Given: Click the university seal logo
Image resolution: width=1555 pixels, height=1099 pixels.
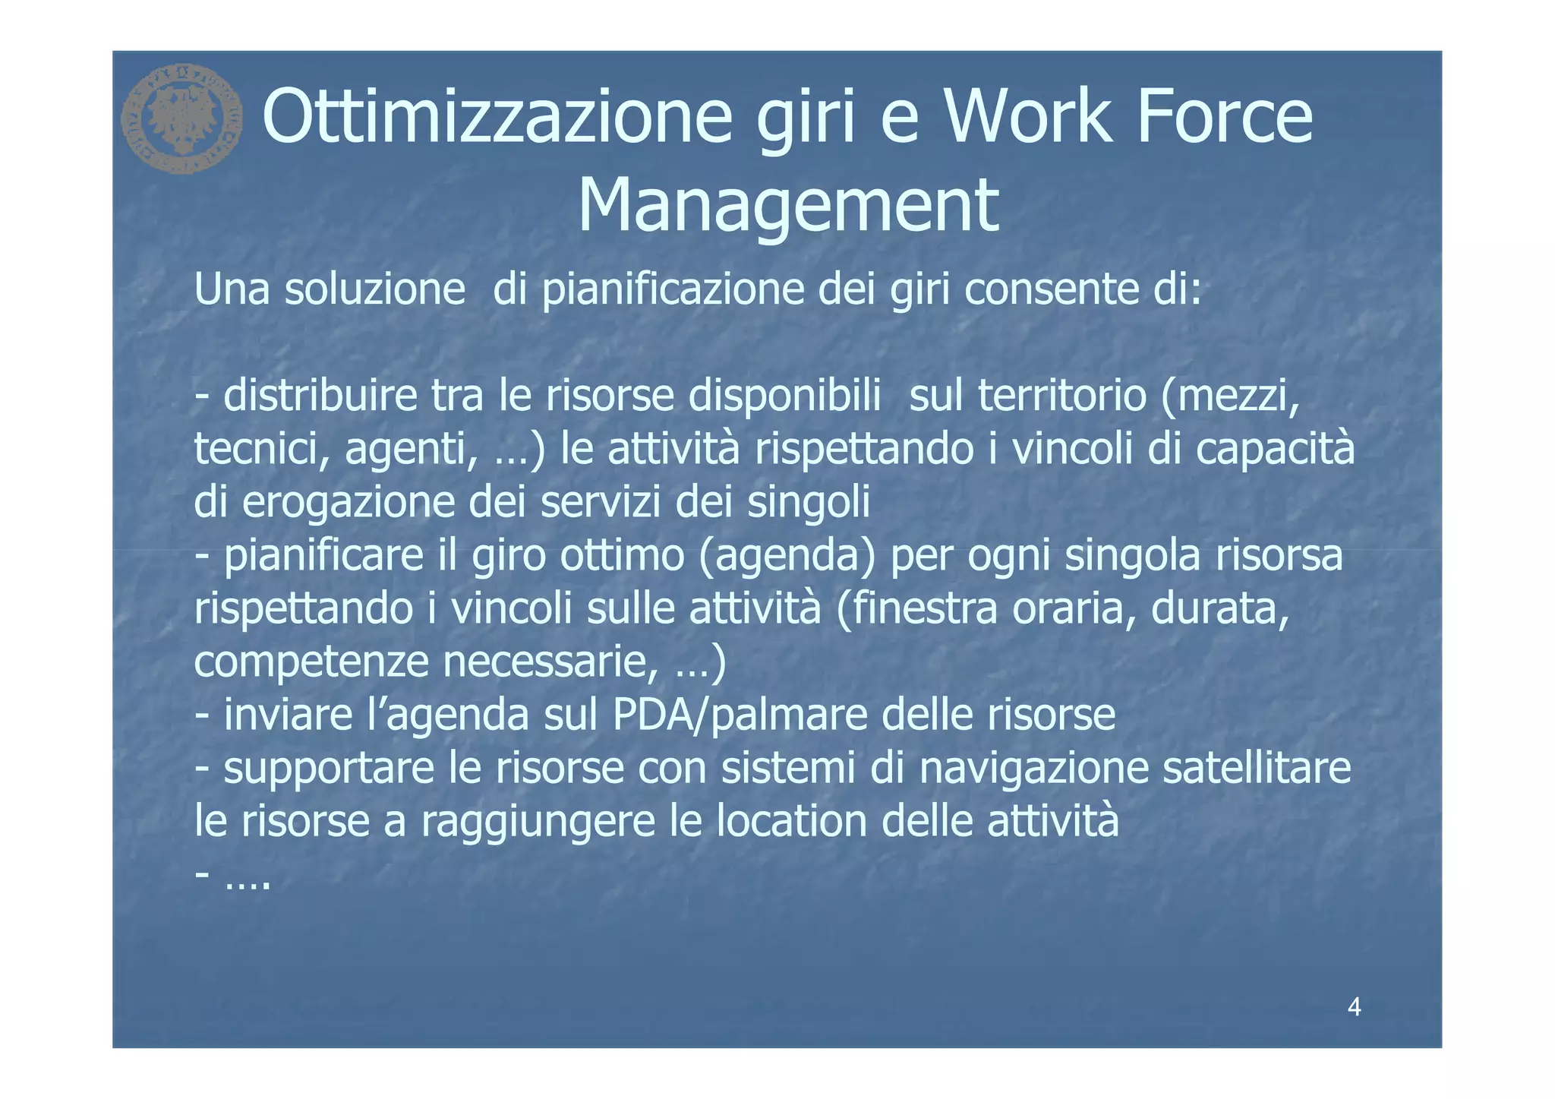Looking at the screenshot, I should tap(181, 118).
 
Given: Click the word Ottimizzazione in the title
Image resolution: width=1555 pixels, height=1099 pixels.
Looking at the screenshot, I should tap(497, 117).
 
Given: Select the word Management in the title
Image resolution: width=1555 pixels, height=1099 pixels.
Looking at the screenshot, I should tap(788, 205).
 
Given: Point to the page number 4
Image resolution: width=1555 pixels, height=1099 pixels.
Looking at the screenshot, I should tap(1354, 1007).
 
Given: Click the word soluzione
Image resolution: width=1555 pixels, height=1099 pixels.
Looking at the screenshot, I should tap(375, 289).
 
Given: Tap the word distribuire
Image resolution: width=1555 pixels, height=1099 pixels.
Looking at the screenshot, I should tap(320, 396).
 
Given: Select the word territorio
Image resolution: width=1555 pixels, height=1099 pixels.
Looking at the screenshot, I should tap(1061, 396).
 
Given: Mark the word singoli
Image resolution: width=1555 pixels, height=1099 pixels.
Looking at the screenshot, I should tap(809, 503).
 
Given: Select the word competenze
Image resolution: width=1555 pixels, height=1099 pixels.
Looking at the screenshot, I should tap(312, 662).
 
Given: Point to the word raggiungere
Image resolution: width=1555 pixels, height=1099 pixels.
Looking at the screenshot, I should tap(538, 822).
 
